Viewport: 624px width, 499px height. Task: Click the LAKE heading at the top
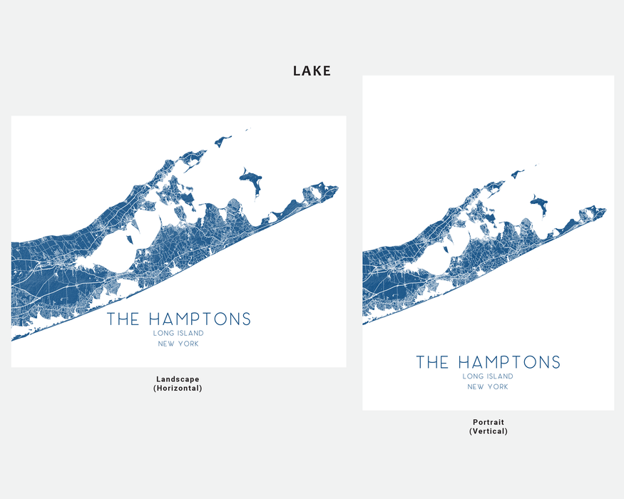[312, 71]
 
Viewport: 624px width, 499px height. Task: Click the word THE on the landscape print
[123, 319]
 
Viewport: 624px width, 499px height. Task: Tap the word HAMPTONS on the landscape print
[200, 319]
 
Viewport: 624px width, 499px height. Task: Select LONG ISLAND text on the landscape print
[178, 333]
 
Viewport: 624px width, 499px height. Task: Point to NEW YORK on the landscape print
[178, 344]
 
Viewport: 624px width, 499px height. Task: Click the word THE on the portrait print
[432, 362]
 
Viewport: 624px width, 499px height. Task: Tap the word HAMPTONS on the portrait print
[509, 362]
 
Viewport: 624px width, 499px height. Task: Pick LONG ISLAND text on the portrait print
[488, 376]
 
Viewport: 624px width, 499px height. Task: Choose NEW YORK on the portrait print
[488, 387]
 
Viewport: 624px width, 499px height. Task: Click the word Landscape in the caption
[178, 379]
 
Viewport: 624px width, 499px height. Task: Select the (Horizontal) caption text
[178, 389]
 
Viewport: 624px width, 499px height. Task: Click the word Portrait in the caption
[488, 422]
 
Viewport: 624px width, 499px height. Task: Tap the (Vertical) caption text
[488, 431]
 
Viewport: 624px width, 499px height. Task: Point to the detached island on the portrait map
[540, 204]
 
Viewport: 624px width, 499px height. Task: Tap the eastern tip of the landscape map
[337, 188]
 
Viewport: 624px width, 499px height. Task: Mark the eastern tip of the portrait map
[605, 210]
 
